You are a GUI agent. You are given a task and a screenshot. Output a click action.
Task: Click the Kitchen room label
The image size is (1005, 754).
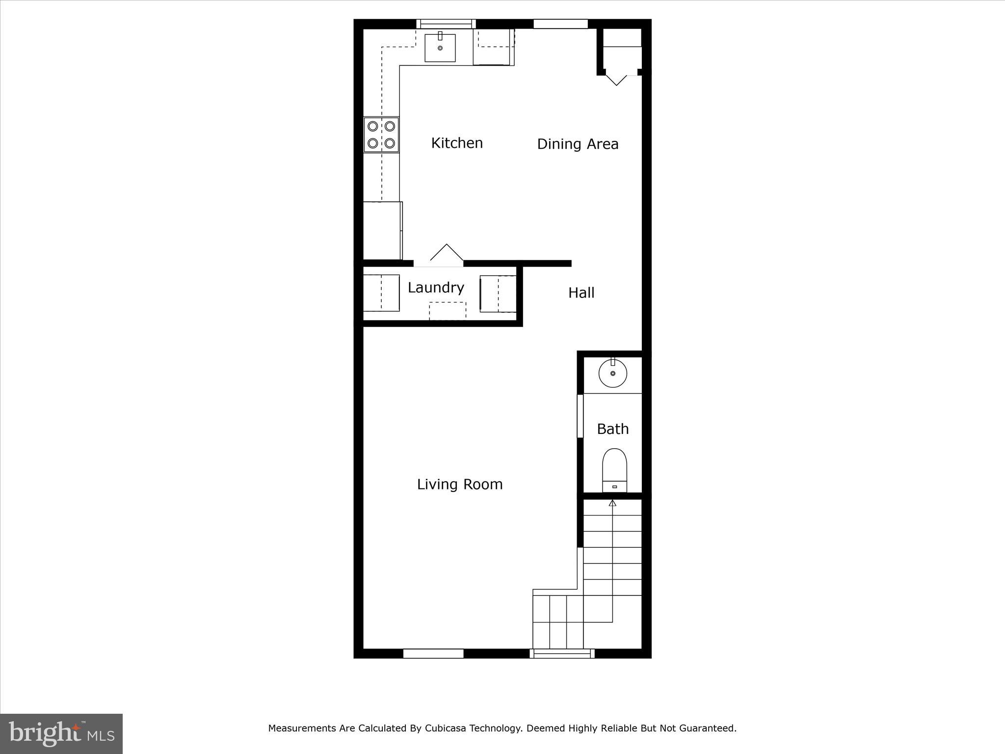coord(456,143)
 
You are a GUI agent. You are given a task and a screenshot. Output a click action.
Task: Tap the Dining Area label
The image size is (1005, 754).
coord(578,144)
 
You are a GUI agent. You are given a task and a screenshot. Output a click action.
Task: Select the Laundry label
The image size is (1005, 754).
coord(436,288)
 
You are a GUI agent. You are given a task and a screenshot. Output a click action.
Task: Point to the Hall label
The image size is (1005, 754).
coord(581,293)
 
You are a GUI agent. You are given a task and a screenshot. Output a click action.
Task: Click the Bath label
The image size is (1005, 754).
coord(612,429)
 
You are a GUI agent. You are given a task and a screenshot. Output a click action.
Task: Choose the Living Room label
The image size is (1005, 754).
coord(460,485)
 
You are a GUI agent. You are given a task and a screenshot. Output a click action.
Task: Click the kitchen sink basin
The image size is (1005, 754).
coord(440,48)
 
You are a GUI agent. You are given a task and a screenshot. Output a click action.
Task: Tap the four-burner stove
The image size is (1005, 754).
coord(381,135)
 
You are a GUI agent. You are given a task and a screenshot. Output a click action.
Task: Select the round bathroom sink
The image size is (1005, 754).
coord(612,373)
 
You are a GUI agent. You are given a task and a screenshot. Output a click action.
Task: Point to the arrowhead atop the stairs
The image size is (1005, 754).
coord(612,503)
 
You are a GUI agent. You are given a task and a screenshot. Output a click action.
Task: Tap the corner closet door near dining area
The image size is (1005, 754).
coord(616,79)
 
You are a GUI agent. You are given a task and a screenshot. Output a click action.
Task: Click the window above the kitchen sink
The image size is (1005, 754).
coord(446,24)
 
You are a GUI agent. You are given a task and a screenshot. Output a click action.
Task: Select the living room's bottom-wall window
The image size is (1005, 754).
coord(433,653)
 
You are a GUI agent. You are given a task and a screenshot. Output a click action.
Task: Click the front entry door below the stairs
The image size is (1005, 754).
coord(562,653)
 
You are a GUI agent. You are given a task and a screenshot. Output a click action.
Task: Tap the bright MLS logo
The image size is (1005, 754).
coord(61,733)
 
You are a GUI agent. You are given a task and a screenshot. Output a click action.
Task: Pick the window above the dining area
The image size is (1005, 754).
coord(560,24)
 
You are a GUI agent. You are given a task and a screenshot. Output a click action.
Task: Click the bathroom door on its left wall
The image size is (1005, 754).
coord(580,416)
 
